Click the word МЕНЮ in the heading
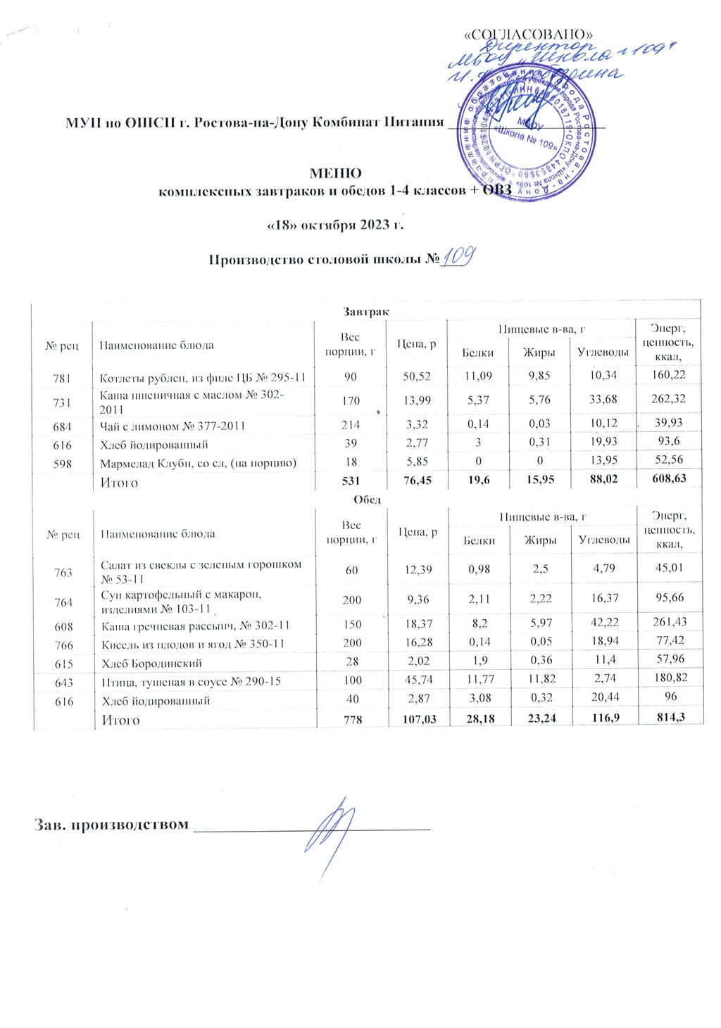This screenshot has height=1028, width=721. (335, 174)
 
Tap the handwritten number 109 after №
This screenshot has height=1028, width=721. (458, 257)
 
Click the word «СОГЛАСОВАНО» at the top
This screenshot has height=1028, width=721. (525, 34)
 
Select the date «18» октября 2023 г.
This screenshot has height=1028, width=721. (335, 225)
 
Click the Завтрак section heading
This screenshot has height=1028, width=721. (367, 310)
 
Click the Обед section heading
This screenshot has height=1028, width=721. (367, 500)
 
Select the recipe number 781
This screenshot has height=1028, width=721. (62, 379)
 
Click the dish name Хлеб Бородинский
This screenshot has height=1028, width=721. (152, 664)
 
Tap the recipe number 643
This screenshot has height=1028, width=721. (63, 681)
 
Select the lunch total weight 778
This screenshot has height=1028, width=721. (351, 719)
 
